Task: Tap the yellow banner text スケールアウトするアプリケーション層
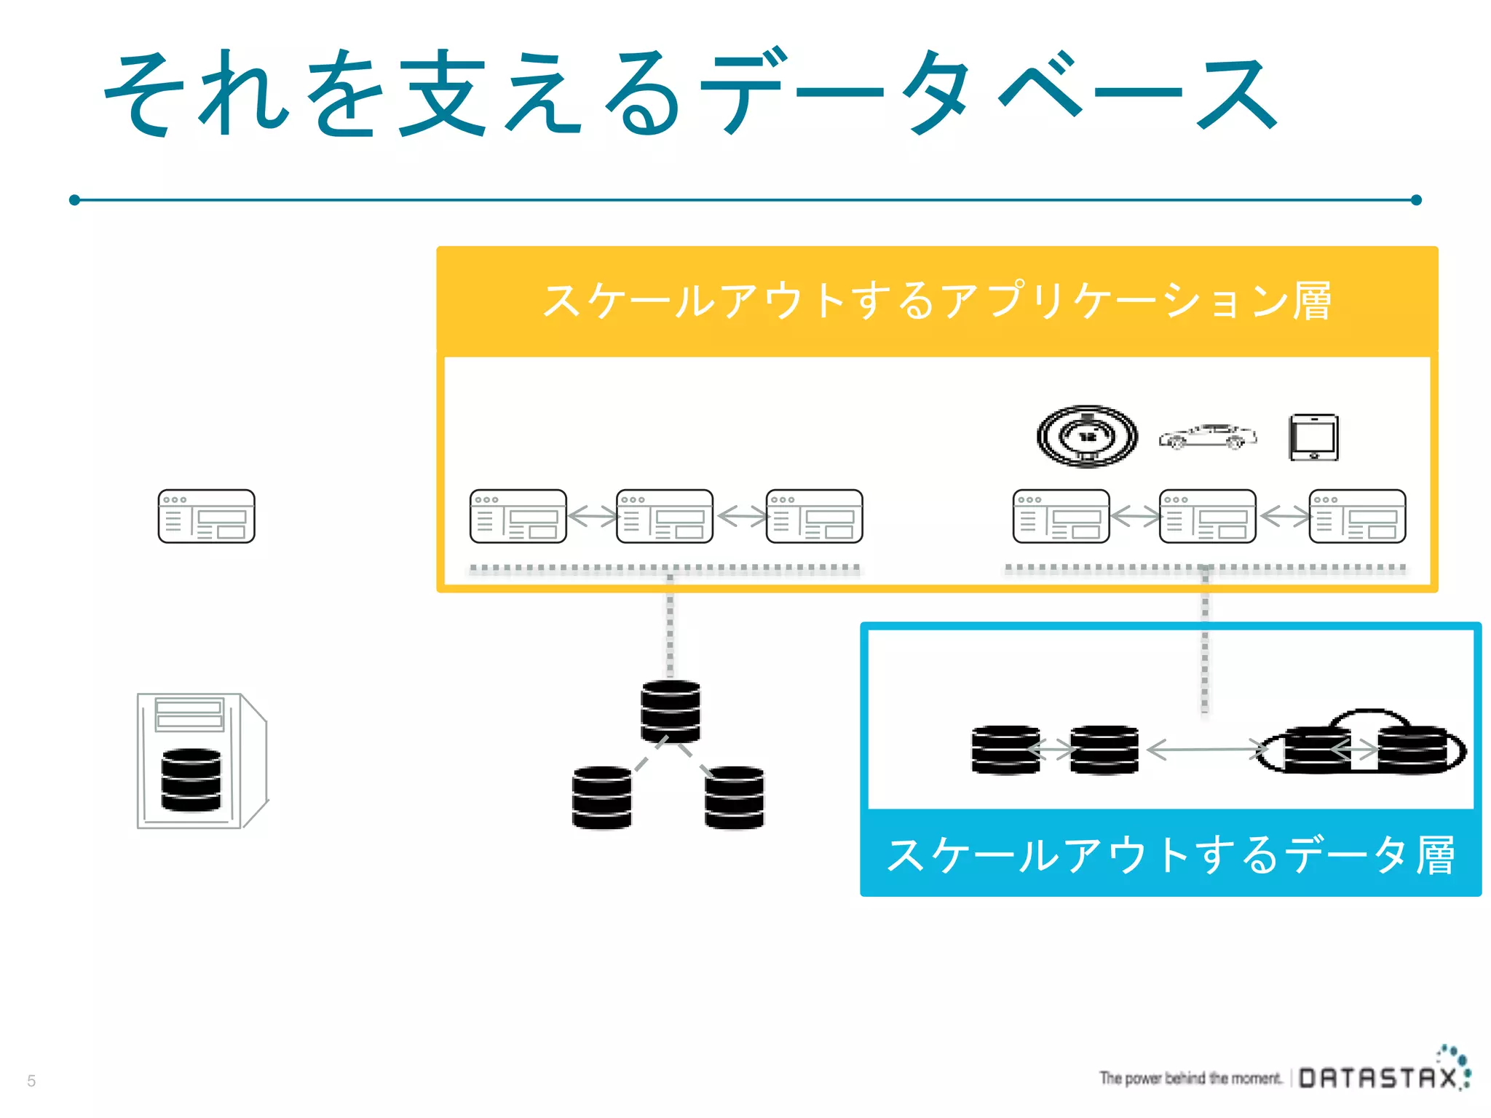click(937, 301)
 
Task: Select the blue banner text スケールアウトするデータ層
click(1170, 855)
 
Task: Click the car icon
click(1207, 437)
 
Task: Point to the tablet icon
click(1313, 437)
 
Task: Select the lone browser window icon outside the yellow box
click(206, 516)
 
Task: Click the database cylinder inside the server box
click(191, 780)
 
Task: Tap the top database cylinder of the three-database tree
click(671, 711)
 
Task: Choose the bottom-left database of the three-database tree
click(601, 797)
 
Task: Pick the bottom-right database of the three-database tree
click(734, 797)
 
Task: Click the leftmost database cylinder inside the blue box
click(1005, 750)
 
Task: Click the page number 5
click(31, 1081)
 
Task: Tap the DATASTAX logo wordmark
click(1378, 1078)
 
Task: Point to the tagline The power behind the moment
click(1190, 1078)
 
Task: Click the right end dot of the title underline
click(1416, 199)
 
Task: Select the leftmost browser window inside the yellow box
click(518, 516)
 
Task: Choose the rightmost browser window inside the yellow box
click(1357, 516)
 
